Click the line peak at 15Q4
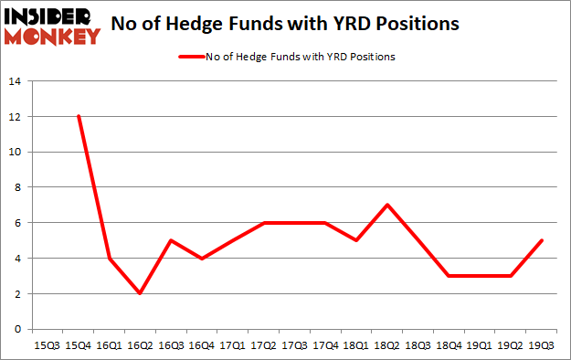coord(79,117)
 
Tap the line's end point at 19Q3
coord(543,240)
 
